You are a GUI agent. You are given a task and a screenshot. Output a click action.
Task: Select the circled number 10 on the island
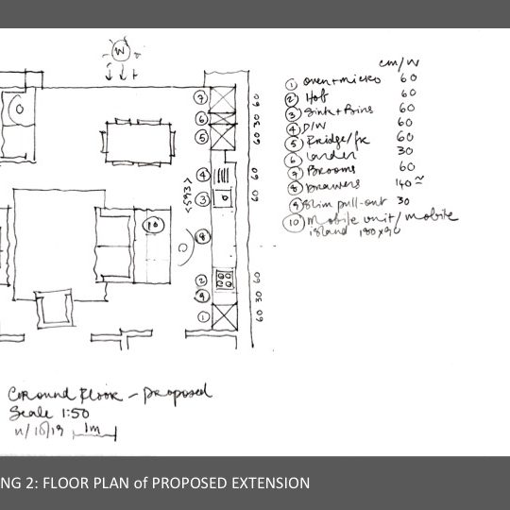pyautogui.click(x=154, y=225)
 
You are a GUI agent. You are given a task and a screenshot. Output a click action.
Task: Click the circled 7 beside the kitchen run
pyautogui.click(x=200, y=96)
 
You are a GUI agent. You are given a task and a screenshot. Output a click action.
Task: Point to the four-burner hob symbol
pyautogui.click(x=226, y=280)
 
